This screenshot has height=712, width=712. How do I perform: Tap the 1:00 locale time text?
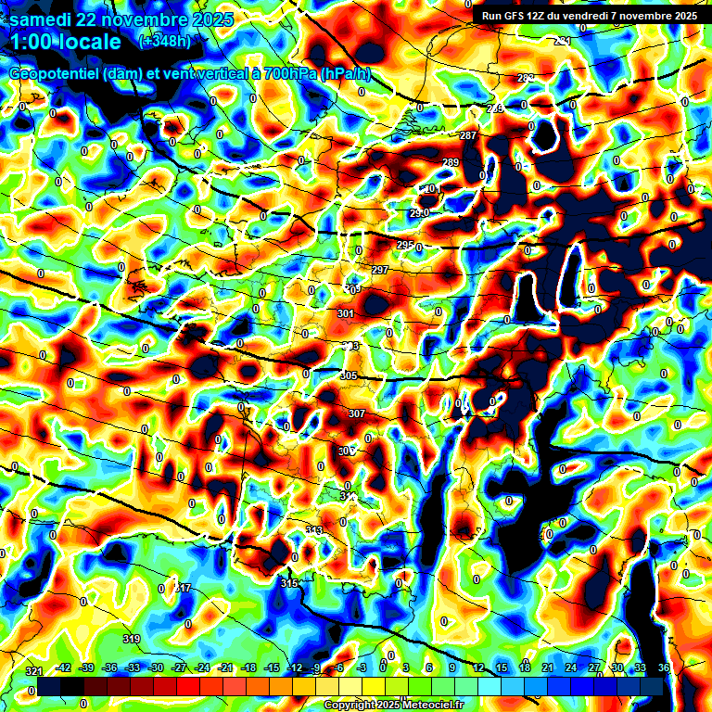point(66,42)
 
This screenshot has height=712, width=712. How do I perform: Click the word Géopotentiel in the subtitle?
point(57,74)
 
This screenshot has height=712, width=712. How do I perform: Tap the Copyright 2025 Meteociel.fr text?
point(393,706)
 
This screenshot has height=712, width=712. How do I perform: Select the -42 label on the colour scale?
point(64,668)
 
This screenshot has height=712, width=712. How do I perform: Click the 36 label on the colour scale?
point(664,668)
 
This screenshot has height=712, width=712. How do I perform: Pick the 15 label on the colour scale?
point(502,668)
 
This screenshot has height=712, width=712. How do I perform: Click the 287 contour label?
point(468,136)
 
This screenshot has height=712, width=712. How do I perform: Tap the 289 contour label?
point(451,163)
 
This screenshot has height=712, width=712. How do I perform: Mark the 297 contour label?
point(379,270)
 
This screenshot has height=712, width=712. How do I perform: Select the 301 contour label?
point(346,314)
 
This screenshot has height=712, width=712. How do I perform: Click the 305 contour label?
point(349,375)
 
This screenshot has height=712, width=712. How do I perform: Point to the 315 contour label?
point(290,583)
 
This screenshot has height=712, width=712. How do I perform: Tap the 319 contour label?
point(132,639)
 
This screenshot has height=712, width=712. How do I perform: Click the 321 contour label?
point(34,671)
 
